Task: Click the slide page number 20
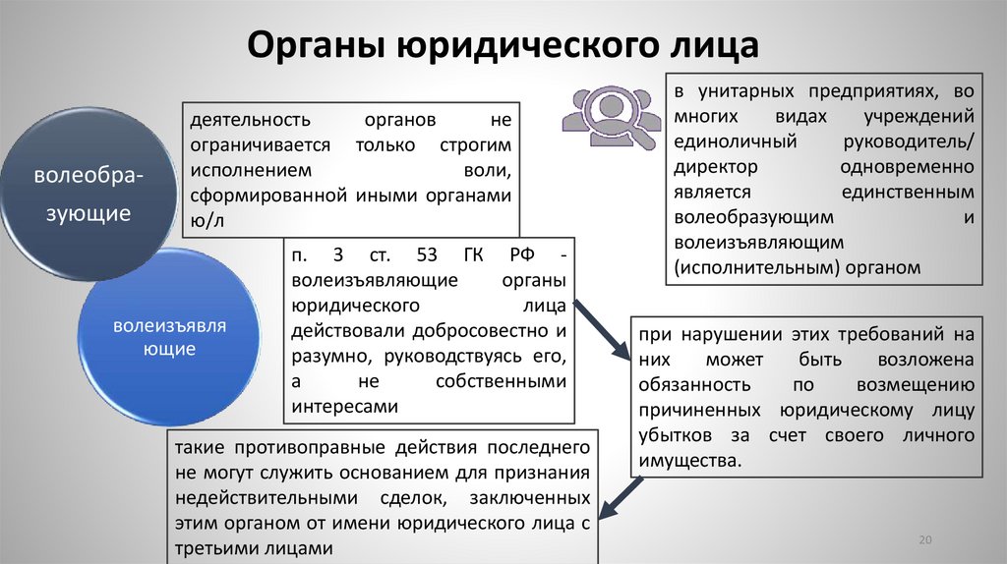coord(924,541)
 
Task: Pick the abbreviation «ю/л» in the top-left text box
coord(207,220)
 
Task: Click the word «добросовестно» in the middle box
coord(474,330)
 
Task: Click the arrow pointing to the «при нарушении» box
coord(602,329)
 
